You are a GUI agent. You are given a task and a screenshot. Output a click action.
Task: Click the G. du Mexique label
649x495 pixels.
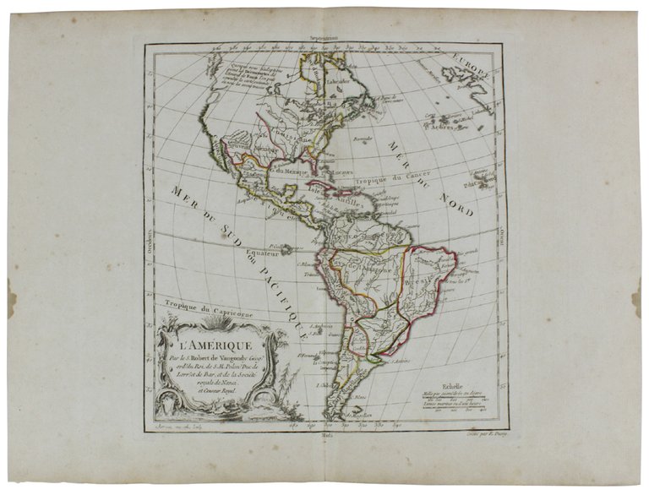tap(290, 174)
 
